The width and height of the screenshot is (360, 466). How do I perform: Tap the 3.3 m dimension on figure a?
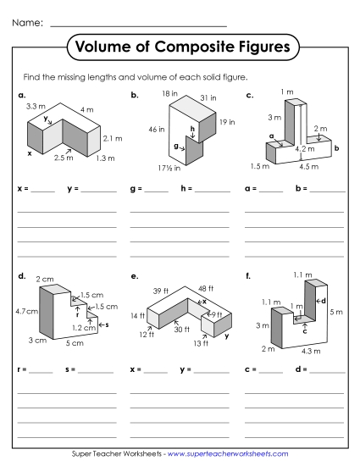click(x=36, y=107)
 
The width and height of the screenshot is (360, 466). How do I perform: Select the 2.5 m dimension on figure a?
click(x=64, y=158)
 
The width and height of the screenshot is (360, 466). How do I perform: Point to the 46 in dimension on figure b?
click(x=155, y=129)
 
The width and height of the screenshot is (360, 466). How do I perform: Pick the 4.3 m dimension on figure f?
click(x=311, y=351)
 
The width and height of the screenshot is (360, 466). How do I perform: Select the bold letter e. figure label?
click(x=135, y=275)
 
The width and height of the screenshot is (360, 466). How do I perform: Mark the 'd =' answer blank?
click(x=329, y=370)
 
